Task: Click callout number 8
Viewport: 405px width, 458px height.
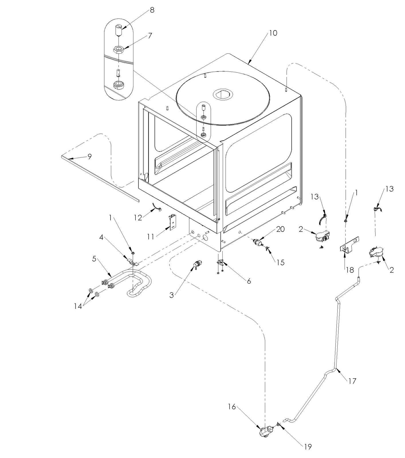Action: pos(152,10)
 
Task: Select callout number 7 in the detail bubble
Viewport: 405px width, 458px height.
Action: pos(150,36)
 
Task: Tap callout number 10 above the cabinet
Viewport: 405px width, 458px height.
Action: pos(273,33)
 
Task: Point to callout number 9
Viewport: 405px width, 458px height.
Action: pos(90,157)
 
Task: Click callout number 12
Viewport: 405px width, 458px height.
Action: pos(138,218)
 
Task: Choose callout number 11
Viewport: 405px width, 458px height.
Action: pos(151,237)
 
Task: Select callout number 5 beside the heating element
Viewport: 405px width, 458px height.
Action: pos(94,258)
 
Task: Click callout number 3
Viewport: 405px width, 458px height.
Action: pos(171,295)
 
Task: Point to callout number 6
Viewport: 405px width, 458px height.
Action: pos(249,281)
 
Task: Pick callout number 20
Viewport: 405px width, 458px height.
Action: pos(280,229)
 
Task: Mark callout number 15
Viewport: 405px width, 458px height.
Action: pos(280,262)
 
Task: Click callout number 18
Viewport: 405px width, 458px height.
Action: pos(350,270)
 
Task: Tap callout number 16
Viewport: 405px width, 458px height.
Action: pos(232,406)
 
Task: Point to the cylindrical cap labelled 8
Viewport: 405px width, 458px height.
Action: pos(119,30)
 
